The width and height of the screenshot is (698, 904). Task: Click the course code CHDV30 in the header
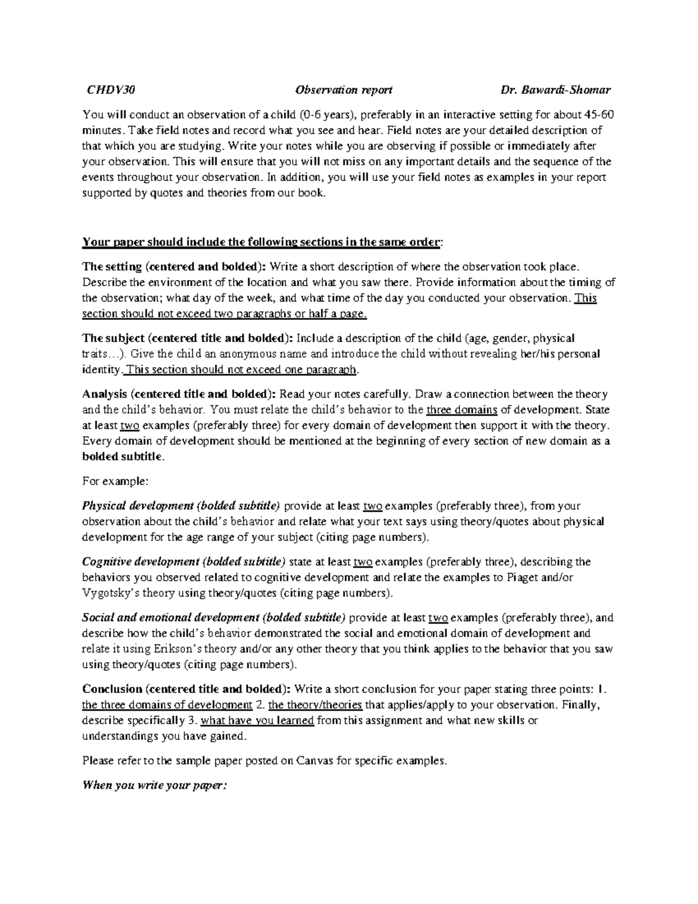point(111,90)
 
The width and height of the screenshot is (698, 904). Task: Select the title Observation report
point(343,90)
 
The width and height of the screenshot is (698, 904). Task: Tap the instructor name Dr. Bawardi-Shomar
point(555,90)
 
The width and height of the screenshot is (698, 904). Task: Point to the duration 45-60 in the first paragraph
point(599,114)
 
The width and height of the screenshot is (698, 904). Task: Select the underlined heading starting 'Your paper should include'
point(262,242)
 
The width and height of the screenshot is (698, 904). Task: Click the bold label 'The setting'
point(112,267)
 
